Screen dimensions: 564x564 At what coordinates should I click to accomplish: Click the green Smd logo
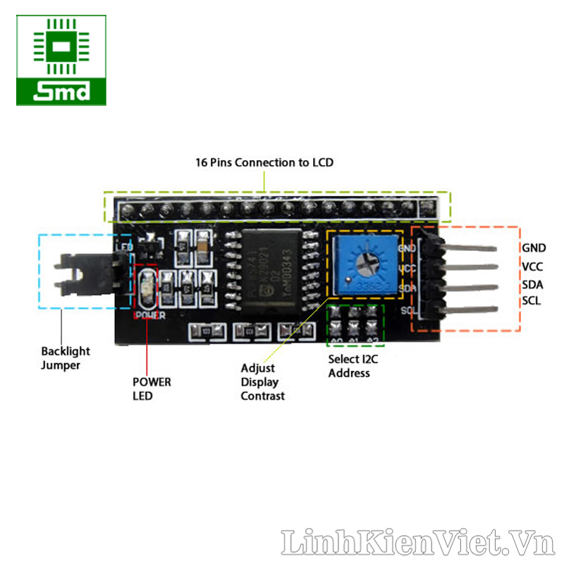[61, 61]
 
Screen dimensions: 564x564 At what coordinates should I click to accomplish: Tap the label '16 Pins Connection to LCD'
[264, 162]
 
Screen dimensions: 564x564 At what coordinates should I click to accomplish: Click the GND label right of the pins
[534, 247]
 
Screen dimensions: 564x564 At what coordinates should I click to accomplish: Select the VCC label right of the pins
[533, 266]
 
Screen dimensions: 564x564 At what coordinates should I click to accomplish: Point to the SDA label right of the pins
[533, 284]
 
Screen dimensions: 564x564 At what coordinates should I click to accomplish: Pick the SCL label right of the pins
[532, 301]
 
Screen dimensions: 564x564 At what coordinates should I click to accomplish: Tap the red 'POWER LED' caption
[152, 388]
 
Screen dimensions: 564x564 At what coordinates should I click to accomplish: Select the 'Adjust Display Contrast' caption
[262, 381]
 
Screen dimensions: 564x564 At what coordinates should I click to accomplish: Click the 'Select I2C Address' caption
[352, 365]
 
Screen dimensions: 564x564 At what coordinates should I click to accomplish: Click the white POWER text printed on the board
[149, 315]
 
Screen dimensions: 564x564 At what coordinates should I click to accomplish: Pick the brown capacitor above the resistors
[204, 244]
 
